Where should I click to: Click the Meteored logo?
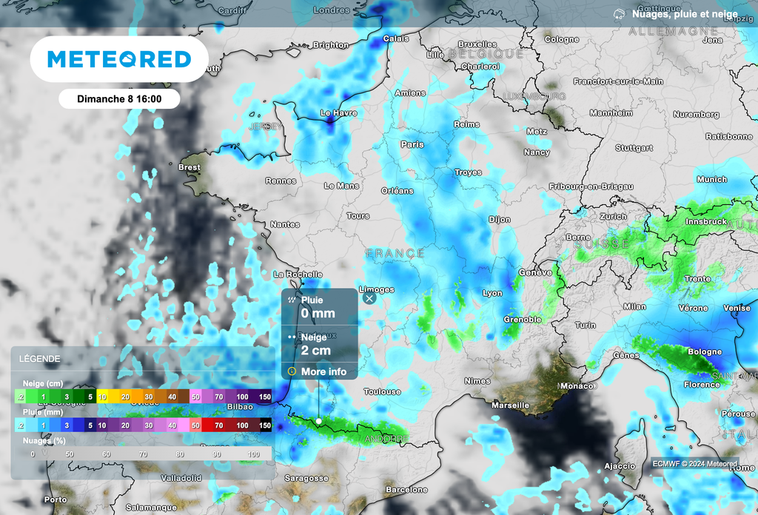click(119, 59)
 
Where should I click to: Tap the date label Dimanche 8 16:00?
click(119, 98)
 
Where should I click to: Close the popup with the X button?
click(369, 299)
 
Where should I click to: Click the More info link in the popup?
click(323, 371)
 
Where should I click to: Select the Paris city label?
click(412, 144)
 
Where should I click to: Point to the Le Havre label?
click(338, 113)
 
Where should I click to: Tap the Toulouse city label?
click(382, 391)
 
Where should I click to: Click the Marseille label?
click(511, 405)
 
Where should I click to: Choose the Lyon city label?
click(492, 293)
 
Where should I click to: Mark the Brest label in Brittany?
click(189, 167)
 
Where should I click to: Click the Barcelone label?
click(407, 490)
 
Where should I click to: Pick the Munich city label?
click(712, 179)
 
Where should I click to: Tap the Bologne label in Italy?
click(705, 352)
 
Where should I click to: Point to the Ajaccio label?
click(620, 466)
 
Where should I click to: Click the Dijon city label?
click(500, 220)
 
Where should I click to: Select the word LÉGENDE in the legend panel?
click(40, 359)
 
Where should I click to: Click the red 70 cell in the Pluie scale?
click(219, 425)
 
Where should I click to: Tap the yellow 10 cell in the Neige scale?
click(102, 397)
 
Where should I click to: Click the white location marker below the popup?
click(319, 421)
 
